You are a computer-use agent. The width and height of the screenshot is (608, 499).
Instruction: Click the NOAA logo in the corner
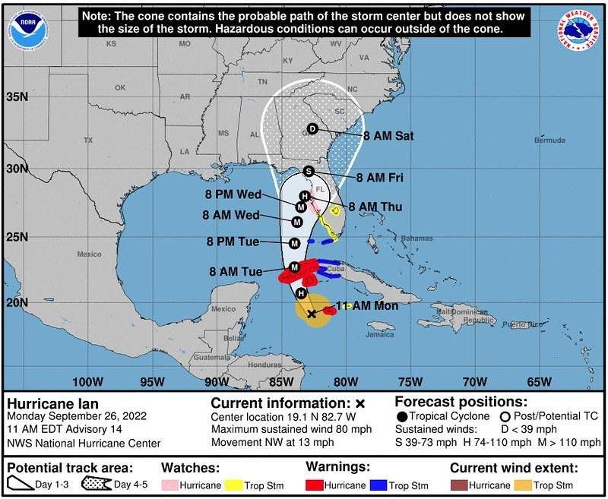[27, 28]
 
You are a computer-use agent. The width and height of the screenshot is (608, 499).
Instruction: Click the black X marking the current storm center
[312, 313]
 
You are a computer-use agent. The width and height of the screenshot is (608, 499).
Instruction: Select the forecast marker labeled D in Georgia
[312, 129]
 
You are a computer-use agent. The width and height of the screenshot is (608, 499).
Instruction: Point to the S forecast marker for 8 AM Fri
[309, 171]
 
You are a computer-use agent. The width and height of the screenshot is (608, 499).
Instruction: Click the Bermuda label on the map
[549, 141]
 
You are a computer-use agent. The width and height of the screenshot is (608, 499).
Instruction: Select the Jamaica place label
[381, 333]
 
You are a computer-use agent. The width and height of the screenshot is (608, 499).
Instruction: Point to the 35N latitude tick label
[17, 96]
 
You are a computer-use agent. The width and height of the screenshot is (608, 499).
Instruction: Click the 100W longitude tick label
[88, 381]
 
